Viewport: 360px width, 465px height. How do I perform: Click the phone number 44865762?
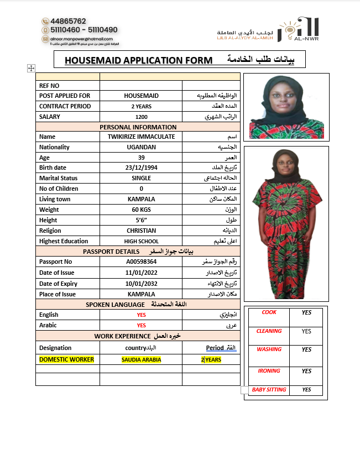point(68,21)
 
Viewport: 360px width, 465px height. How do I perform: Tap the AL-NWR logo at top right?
point(299,29)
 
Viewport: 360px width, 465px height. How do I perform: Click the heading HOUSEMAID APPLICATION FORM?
point(138,60)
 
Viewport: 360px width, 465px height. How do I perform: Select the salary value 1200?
point(142,117)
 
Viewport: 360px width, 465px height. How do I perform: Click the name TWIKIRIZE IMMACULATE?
point(142,137)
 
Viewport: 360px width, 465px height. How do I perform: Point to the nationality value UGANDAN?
point(142,147)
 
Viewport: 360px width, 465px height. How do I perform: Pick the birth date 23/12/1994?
point(142,168)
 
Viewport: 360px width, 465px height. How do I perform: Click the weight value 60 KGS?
point(142,210)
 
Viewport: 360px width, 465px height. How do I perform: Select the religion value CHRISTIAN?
point(142,231)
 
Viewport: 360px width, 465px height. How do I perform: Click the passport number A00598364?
point(142,262)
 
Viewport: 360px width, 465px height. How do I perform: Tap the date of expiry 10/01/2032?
point(142,284)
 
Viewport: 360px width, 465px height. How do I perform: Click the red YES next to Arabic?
point(142,326)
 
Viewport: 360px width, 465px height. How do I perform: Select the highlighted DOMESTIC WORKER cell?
point(66,359)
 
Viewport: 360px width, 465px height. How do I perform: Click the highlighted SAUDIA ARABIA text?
point(142,360)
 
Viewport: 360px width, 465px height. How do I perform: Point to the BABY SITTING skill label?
point(269,390)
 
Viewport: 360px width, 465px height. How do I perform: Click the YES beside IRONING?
point(307,372)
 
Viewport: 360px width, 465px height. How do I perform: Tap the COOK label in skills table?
point(269,312)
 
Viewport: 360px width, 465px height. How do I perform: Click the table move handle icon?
point(31,67)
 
